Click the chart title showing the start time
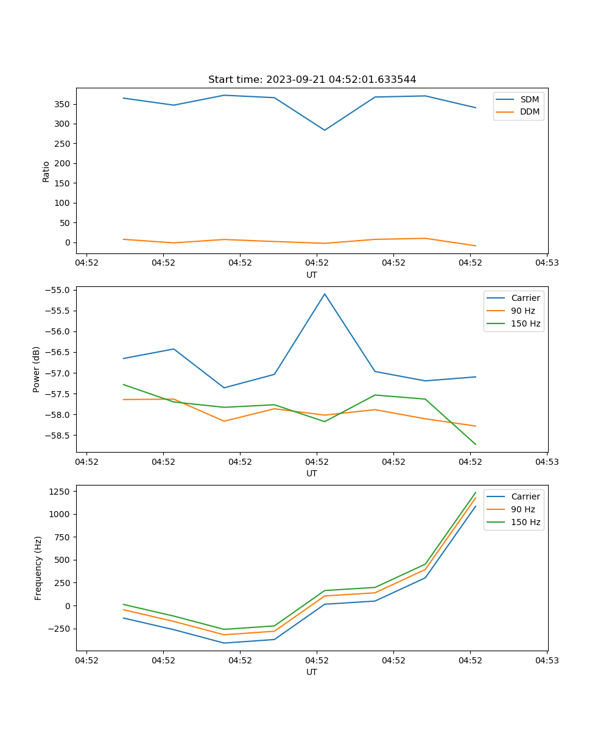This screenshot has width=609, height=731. [312, 80]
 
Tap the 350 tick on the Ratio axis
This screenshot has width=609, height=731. [62, 104]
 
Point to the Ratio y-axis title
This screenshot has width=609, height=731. [46, 171]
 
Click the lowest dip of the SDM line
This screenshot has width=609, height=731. [325, 130]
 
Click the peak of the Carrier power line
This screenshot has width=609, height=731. [325, 294]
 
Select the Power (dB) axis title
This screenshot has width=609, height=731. [37, 369]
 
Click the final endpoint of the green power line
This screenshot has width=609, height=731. [476, 445]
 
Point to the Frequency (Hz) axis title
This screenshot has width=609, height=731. [38, 568]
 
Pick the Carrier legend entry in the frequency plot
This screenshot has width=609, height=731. [525, 496]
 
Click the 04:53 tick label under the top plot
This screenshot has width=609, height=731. [546, 263]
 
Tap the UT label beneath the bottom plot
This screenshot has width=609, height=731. [312, 672]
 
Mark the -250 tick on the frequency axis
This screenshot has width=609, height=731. [60, 629]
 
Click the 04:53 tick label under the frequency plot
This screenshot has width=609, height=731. [546, 660]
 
